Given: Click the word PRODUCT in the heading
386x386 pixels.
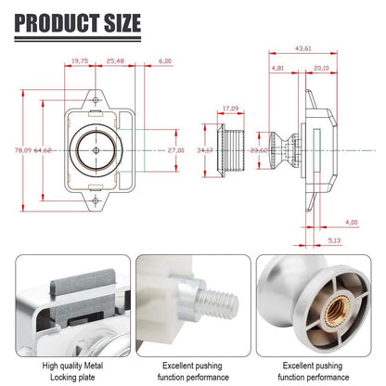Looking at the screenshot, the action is click(58, 23).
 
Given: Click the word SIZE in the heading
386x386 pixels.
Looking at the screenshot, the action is click(122, 23).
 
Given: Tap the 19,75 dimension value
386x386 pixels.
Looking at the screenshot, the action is click(80, 61).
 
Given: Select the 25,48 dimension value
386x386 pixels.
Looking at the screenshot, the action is click(115, 61).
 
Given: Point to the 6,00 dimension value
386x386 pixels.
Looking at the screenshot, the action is click(165, 61).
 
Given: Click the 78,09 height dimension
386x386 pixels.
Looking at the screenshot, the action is click(23, 150).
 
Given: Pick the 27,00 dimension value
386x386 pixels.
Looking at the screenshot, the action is click(176, 150).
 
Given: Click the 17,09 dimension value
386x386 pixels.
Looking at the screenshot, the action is click(231, 109).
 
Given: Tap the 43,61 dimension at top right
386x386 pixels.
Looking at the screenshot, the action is click(303, 48).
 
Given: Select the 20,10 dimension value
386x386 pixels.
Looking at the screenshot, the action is click(321, 68).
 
